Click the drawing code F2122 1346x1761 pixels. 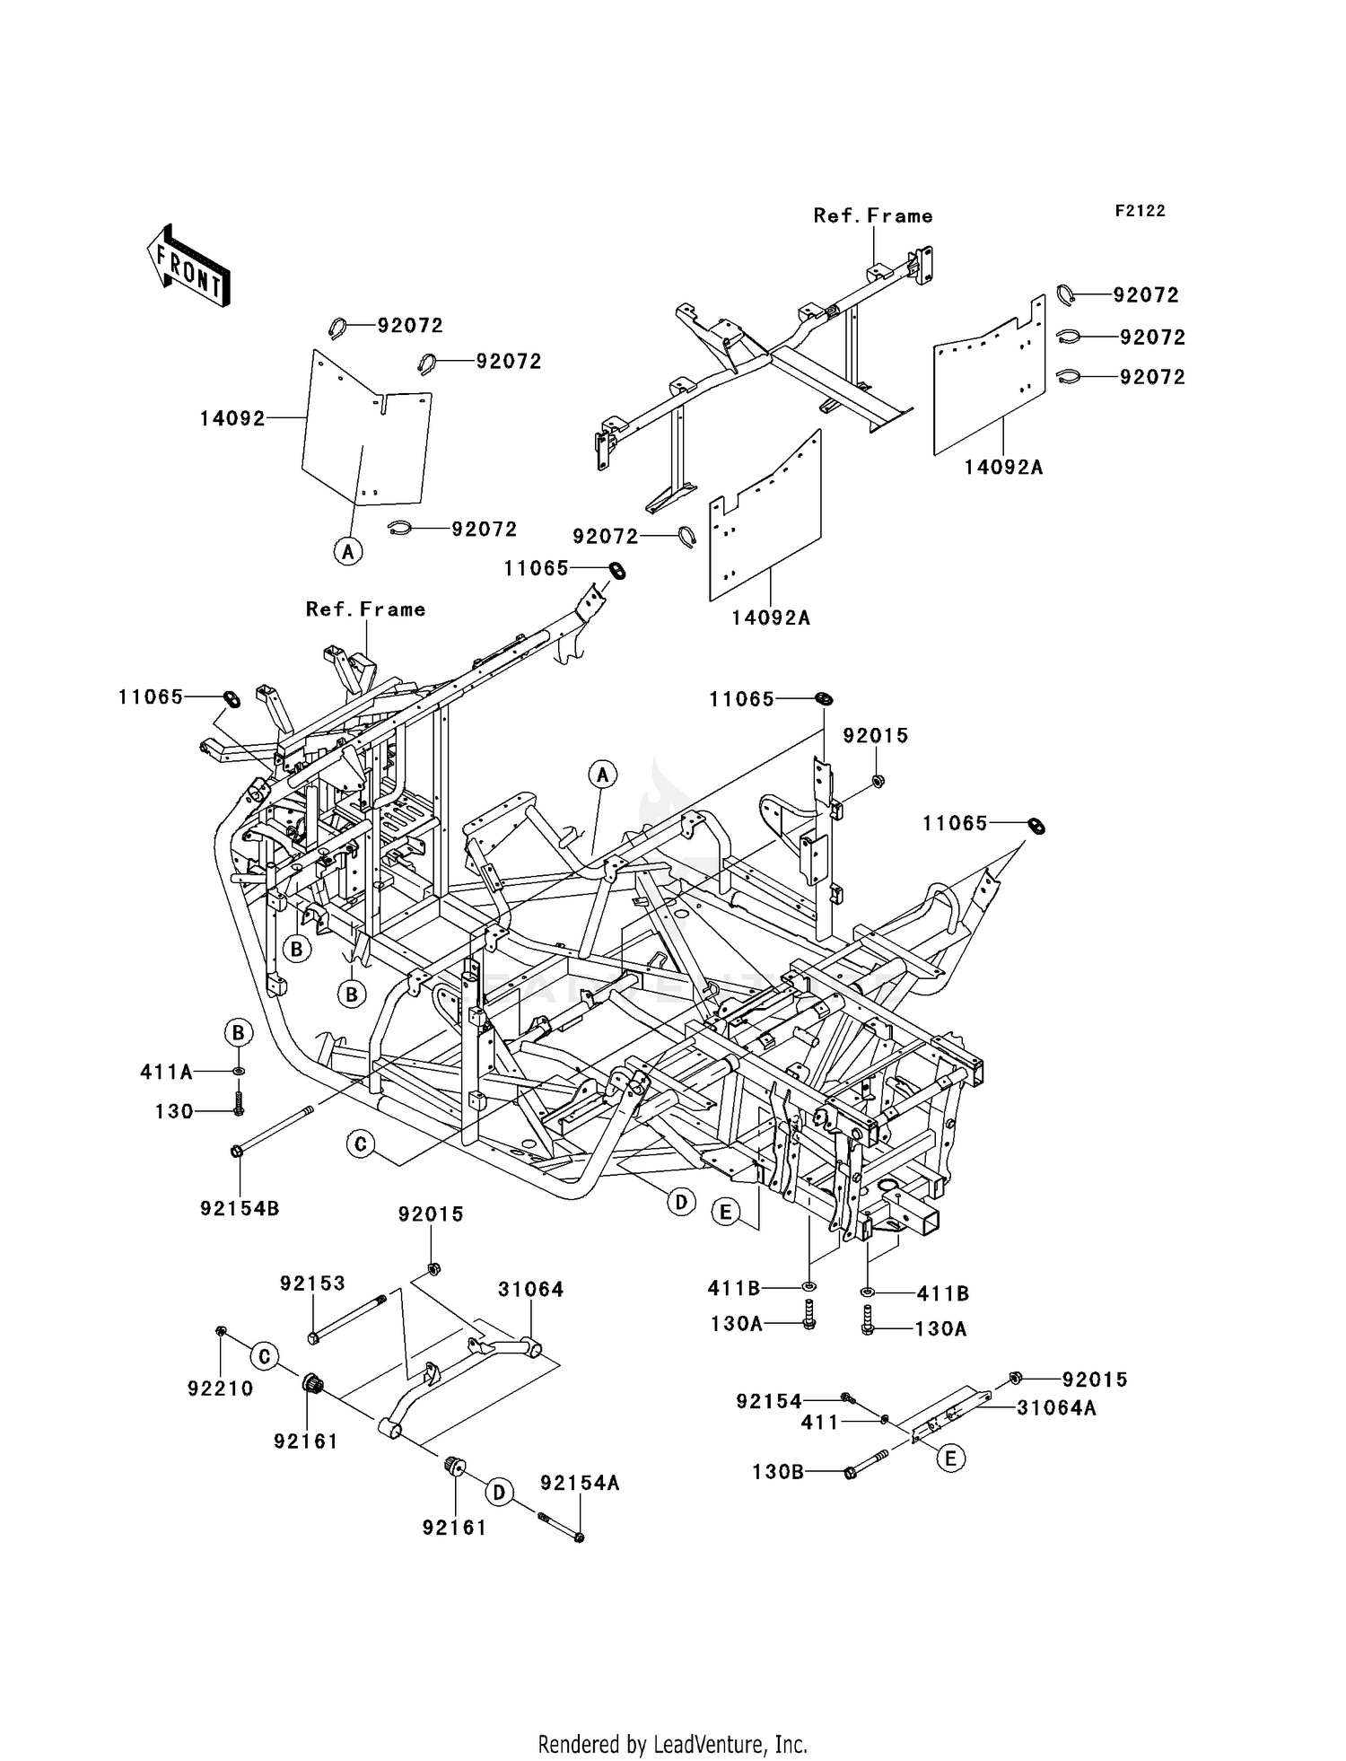pos(1140,211)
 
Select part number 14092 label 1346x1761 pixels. pos(232,418)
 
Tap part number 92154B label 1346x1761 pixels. pos(240,1209)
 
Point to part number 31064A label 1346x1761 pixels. pos(1056,1408)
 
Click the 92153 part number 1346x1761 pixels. pos(312,1284)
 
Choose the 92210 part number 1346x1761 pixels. pos(220,1389)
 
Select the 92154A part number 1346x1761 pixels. pos(580,1484)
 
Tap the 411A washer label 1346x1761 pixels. pos(167,1072)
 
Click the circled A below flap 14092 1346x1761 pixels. pos(348,550)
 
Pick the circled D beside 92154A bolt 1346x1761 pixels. pos(499,1493)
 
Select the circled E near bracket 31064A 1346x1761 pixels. pos(950,1459)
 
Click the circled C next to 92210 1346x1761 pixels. pos(264,1356)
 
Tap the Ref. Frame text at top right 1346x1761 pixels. pos(872,215)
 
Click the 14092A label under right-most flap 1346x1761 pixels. pos(1003,468)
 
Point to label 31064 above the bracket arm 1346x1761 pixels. pos(531,1290)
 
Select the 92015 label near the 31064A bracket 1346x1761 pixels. pos(1095,1380)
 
